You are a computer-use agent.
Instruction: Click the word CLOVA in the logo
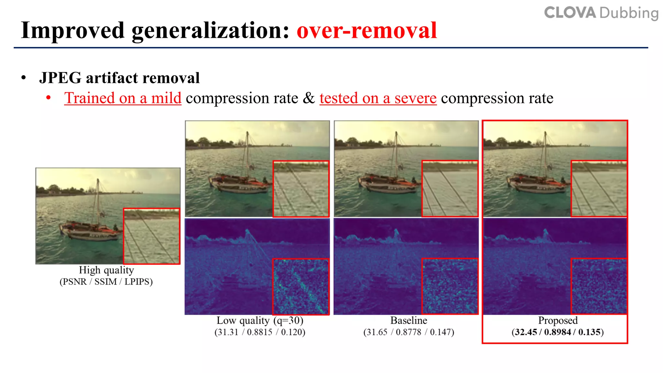pos(570,13)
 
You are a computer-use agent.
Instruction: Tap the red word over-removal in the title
pos(367,30)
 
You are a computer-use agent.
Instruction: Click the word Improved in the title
pos(73,30)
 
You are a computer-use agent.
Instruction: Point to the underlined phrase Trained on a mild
pos(123,98)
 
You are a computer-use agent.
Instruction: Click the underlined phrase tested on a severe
pos(378,98)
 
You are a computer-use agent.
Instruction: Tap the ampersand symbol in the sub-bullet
pos(309,98)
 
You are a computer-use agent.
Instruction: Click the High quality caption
pos(106,270)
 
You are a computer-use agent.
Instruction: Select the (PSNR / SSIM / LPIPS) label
pos(106,282)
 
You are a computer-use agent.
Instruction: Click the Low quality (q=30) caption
pos(260,321)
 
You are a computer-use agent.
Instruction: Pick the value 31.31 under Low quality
pos(226,332)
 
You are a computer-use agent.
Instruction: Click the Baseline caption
pos(409,321)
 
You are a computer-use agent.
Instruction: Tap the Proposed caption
pos(558,321)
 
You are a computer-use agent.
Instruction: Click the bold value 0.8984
pos(557,332)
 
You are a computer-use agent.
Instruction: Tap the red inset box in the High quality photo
pos(152,236)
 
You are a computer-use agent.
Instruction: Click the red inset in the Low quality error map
pos(301,287)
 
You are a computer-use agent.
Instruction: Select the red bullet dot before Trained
pos(49,97)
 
